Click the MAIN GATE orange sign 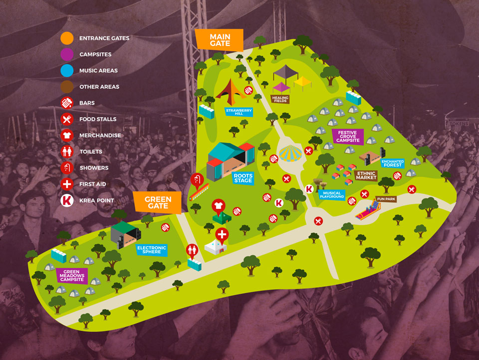pos(220,39)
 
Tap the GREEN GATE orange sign pos(158,202)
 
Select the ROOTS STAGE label pos(243,178)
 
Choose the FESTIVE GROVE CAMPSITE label pos(348,137)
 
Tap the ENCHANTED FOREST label pos(393,164)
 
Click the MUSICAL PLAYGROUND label pos(332,194)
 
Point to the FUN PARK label pos(386,199)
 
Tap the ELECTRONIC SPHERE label pos(151,249)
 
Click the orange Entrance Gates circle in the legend pos(67,38)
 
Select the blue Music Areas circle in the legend pos(67,70)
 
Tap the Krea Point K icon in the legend pos(67,200)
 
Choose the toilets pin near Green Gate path pos(192,250)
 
